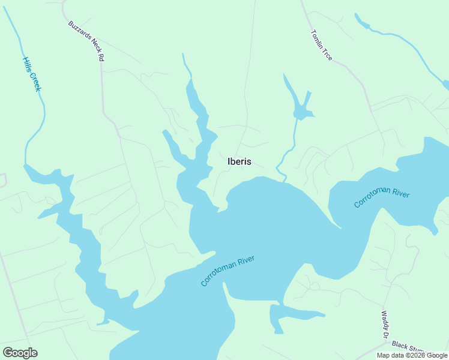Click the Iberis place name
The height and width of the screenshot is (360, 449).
(240, 161)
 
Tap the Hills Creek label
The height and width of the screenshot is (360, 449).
(32, 74)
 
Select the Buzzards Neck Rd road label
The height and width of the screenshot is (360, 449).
(87, 42)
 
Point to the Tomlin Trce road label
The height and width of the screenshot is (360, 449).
(322, 45)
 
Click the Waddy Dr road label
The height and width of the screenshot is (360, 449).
(385, 323)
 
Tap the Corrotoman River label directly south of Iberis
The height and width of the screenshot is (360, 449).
(228, 271)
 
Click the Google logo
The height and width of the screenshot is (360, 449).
(20, 353)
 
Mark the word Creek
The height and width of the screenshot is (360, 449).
(35, 82)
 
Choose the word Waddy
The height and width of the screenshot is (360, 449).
(385, 320)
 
